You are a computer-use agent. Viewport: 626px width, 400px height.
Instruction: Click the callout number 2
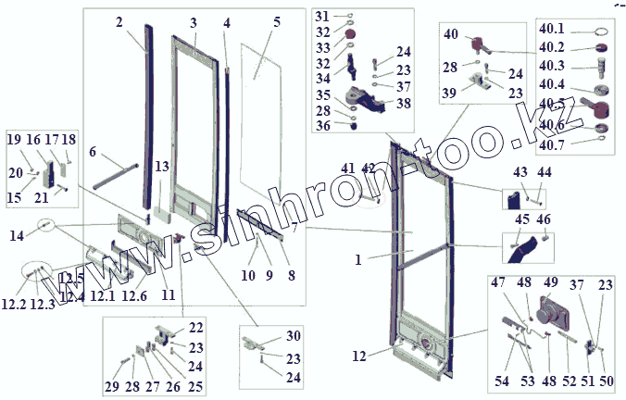click(119, 20)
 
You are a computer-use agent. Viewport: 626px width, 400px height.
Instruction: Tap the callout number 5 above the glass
click(277, 21)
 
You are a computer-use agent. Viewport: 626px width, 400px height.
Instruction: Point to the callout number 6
click(93, 152)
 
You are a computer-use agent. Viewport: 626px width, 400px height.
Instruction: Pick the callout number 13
click(162, 167)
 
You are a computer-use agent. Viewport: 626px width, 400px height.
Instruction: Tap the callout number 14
click(18, 236)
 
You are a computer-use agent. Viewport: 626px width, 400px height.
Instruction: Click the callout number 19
click(13, 139)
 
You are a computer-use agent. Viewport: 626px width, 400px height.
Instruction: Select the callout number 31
click(320, 18)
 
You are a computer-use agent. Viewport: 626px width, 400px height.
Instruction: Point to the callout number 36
click(320, 126)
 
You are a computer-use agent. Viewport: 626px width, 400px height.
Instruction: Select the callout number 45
click(522, 219)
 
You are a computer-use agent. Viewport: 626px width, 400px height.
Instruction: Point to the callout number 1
click(357, 261)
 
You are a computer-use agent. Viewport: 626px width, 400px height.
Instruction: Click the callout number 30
click(294, 335)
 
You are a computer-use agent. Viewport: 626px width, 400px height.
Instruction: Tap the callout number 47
click(499, 282)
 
